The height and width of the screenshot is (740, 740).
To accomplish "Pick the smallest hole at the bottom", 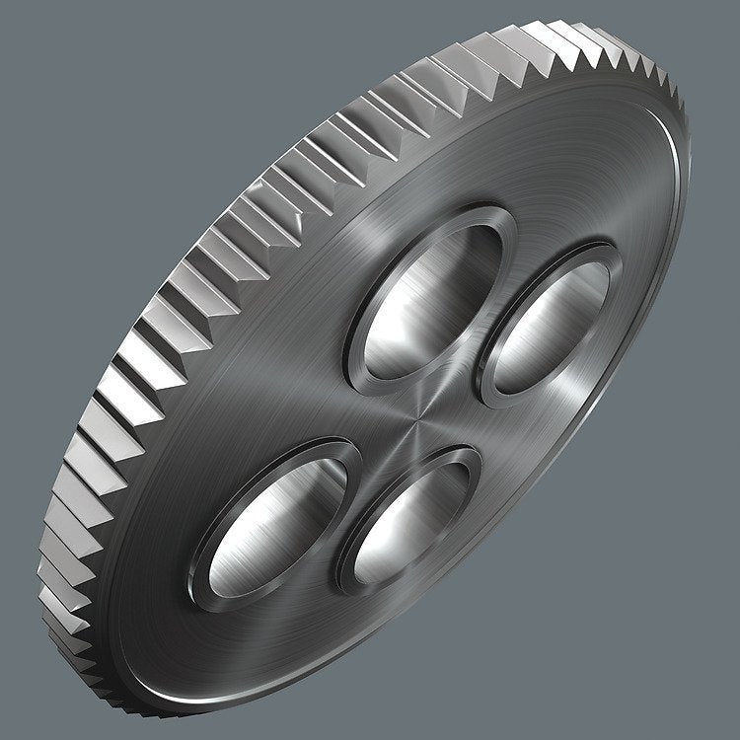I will click(409, 523).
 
